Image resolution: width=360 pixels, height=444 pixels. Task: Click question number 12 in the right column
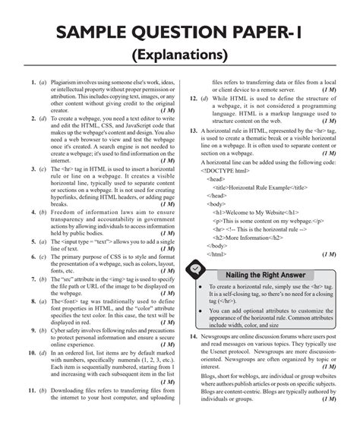(194, 99)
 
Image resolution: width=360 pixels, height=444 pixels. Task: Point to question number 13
(194, 130)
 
